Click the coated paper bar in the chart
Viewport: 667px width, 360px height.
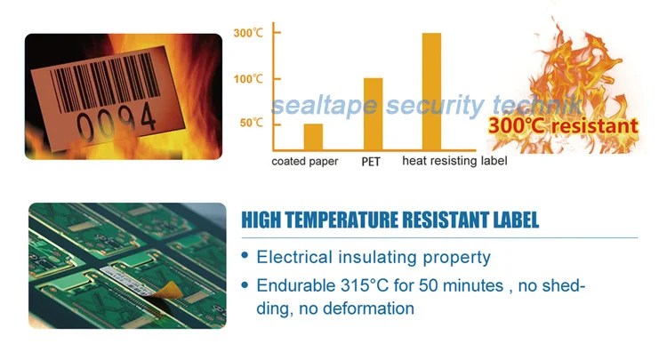(313, 137)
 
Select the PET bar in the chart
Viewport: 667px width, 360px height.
(374, 116)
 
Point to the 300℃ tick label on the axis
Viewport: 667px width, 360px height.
(247, 34)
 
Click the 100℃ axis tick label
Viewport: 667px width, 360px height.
(247, 79)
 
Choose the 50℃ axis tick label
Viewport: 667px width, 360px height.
(251, 123)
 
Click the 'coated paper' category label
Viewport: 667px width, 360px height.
(304, 162)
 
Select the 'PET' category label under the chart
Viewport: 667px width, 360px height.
(373, 162)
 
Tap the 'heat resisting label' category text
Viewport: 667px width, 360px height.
(454, 161)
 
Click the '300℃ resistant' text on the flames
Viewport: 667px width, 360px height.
(562, 125)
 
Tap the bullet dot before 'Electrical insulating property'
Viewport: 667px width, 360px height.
(245, 257)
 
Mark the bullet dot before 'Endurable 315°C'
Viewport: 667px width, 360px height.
(245, 286)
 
